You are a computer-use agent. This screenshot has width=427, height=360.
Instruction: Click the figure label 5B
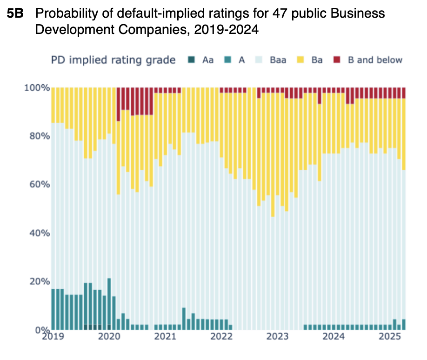[18, 14]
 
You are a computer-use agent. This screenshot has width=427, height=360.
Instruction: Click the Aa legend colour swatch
[191, 60]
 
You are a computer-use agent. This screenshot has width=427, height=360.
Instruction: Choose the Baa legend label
[278, 60]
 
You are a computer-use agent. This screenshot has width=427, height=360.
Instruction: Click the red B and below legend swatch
[338, 60]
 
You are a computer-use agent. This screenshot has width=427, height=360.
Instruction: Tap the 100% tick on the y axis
[37, 88]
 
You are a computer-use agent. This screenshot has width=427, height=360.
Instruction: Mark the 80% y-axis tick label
[39, 136]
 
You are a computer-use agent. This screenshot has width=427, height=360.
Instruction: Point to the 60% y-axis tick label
[39, 185]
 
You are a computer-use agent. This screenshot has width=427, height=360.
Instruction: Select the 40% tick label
[39, 233]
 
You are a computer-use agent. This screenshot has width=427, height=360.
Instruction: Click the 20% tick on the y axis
[39, 281]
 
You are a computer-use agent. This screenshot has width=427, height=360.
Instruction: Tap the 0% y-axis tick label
[42, 330]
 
